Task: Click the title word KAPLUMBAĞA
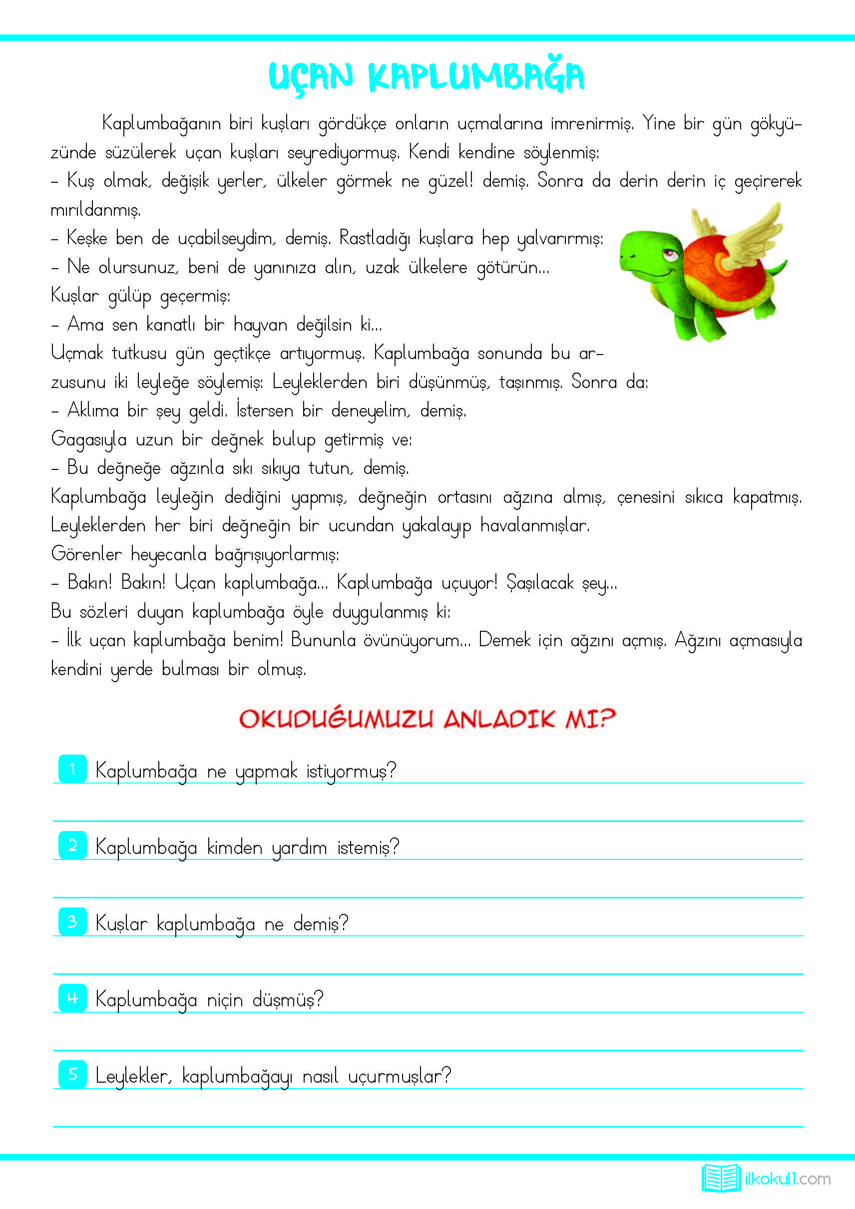(x=476, y=77)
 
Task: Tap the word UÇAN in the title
(x=310, y=77)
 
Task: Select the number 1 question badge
(x=72, y=769)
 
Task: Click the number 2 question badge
(x=72, y=845)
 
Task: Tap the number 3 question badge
(x=72, y=921)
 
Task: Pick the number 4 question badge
(x=72, y=998)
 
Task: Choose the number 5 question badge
(x=72, y=1074)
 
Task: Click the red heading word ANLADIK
(x=499, y=719)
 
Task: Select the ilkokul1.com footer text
(x=788, y=1179)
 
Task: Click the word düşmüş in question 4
(x=288, y=999)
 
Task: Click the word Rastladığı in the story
(x=375, y=239)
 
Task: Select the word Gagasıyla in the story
(x=88, y=439)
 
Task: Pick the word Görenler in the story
(x=86, y=554)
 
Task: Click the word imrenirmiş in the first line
(x=592, y=124)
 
